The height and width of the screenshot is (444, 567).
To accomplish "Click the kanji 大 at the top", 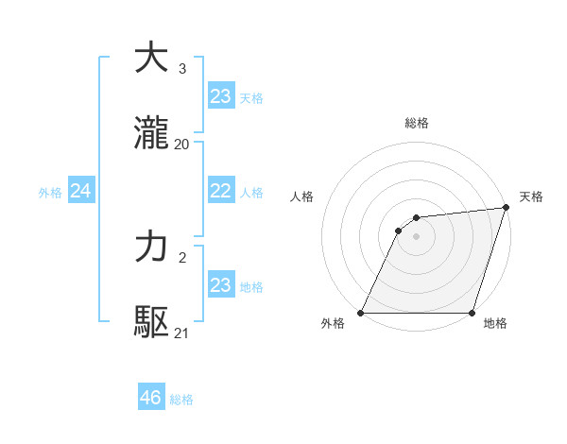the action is pos(152,59).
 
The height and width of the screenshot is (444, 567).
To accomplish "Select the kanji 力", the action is pos(152,248).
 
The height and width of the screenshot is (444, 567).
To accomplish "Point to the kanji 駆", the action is pos(152,322).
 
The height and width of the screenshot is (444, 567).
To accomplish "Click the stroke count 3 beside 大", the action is pos(181,69).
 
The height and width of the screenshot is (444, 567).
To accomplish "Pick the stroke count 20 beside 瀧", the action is pos(181,144).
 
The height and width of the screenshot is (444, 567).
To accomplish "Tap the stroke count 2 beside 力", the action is pos(181,258).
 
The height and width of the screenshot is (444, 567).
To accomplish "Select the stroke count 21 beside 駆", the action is pos(181,333).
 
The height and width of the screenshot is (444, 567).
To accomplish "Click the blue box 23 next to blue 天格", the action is pos(221,96).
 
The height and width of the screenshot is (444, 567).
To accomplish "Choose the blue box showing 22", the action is pos(221,191).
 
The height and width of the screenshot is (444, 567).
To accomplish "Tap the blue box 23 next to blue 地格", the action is pos(221,285).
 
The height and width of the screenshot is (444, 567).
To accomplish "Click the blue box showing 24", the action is pos(81,191).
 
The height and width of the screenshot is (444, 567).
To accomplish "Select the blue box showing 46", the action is pos(151,398).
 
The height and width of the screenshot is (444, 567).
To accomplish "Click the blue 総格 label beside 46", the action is pos(181,400).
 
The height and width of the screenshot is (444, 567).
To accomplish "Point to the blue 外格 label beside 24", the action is pos(50,192).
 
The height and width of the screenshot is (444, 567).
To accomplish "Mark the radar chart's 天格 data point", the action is pos(506,208).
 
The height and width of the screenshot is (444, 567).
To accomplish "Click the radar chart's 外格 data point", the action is pos(361,313).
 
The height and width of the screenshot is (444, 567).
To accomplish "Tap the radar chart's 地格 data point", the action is pos(472,313).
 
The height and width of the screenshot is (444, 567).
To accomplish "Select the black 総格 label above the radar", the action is pos(416,123).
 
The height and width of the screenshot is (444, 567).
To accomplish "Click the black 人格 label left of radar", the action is pos(303,196).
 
